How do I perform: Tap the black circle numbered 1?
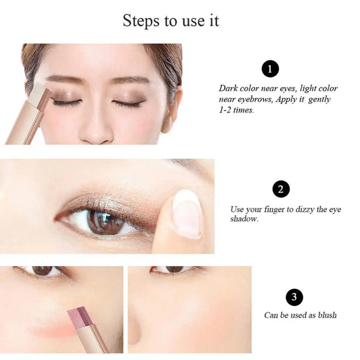coord(270,69)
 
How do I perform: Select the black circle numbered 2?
coord(281,189)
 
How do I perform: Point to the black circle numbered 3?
coord(294,297)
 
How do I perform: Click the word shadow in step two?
coord(244,219)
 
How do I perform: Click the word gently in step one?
coord(319,100)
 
